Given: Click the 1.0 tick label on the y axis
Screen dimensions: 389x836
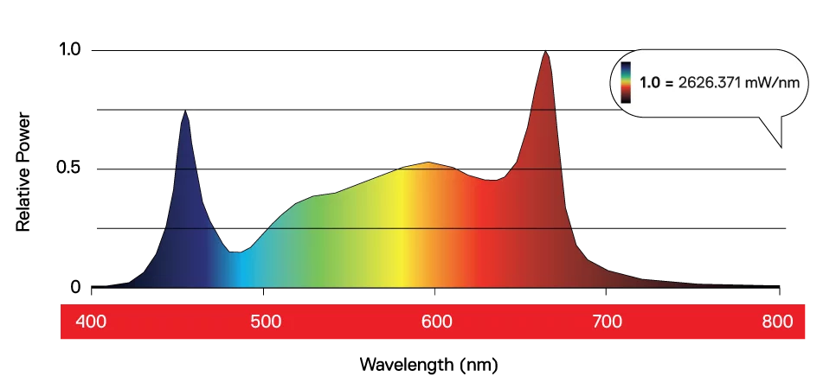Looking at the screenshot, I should pyautogui.click(x=69, y=50).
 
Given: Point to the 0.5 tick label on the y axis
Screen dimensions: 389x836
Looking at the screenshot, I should pyautogui.click(x=69, y=168).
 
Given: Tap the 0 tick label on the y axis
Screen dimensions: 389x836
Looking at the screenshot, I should pyautogui.click(x=74, y=287).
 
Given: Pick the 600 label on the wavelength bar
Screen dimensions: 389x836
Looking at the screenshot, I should pyautogui.click(x=436, y=322).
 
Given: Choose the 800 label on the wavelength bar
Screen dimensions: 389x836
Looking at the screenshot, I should pyautogui.click(x=779, y=322).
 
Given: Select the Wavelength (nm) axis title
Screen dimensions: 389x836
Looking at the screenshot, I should pyautogui.click(x=428, y=364).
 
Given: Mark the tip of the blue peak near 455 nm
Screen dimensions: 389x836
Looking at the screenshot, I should pyautogui.click(x=185, y=111).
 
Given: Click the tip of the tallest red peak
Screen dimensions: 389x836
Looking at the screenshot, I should pyautogui.click(x=545, y=51).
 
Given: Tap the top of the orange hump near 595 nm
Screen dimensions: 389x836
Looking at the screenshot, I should pyautogui.click(x=428, y=163).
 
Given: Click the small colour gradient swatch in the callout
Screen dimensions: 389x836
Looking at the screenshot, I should pyautogui.click(x=626, y=82).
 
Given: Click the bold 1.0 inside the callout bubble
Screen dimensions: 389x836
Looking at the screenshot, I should pyautogui.click(x=650, y=83).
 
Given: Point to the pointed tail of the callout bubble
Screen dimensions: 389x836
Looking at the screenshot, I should pyautogui.click(x=781, y=145).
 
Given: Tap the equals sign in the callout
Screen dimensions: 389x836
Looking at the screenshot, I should pyautogui.click(x=668, y=83).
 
